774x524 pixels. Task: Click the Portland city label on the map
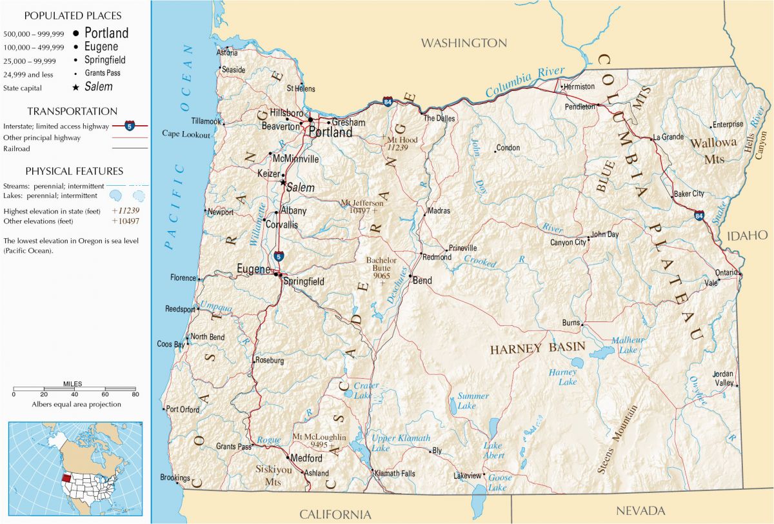tap(331, 132)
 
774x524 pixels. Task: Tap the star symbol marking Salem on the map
tap(283, 183)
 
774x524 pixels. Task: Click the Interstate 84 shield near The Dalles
tap(387, 102)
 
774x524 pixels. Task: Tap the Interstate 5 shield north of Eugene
tap(278, 256)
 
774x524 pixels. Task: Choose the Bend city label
tap(422, 281)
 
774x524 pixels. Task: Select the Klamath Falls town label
tap(395, 474)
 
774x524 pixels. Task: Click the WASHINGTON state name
tap(464, 43)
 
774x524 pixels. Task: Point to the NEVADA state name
tap(640, 510)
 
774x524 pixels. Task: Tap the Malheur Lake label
tap(624, 345)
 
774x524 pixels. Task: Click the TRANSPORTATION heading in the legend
tap(72, 111)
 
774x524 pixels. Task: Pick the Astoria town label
tap(228, 53)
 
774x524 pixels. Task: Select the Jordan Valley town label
tap(723, 379)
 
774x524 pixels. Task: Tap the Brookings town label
tap(174, 478)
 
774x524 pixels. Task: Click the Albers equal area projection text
tap(76, 404)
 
